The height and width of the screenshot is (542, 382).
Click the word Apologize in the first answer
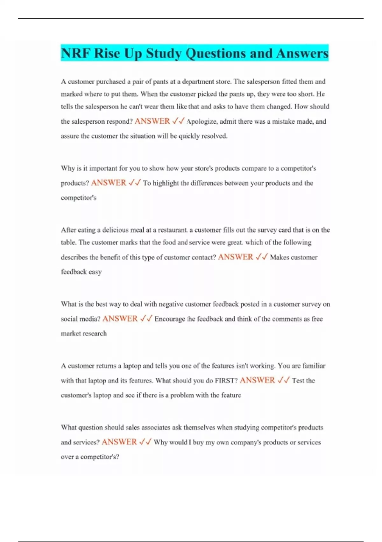(x=202, y=121)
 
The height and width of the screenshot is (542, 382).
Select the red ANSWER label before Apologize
(x=152, y=121)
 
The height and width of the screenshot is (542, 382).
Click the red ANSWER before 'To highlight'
(x=109, y=183)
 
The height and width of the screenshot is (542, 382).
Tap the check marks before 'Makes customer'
(x=262, y=257)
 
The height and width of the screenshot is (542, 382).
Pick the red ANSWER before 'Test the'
(x=257, y=380)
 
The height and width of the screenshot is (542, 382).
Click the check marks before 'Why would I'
(x=145, y=442)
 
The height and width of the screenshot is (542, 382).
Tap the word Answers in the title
(x=302, y=53)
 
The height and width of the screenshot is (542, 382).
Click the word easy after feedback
(x=95, y=272)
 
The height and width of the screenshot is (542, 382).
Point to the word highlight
(x=166, y=183)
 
